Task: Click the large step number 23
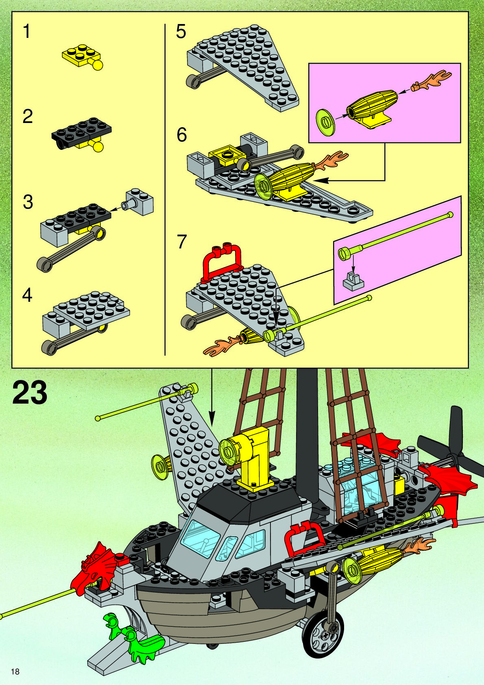(x=30, y=393)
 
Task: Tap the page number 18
(x=15, y=672)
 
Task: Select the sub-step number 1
(x=27, y=32)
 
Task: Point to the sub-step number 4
(x=27, y=295)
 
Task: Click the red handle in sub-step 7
(x=222, y=261)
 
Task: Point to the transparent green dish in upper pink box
(x=325, y=121)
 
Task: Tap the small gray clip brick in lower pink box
(x=353, y=281)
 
